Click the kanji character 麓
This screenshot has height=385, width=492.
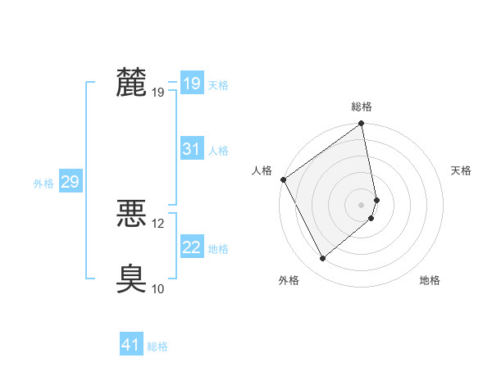[x=131, y=83]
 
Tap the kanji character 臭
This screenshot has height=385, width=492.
[x=131, y=279]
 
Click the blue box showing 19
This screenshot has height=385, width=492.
[x=191, y=84]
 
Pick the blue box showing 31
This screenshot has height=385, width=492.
[x=191, y=149]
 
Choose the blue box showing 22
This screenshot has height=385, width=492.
[x=191, y=247]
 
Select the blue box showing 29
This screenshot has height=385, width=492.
[x=70, y=182]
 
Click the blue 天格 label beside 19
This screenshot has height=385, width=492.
[x=218, y=85]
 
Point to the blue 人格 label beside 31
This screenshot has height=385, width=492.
[x=218, y=151]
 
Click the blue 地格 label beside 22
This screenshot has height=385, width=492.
[x=218, y=249]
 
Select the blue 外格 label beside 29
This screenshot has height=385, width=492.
[x=43, y=183]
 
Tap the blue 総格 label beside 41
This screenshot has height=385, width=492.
[x=157, y=346]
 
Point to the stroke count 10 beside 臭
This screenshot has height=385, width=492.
[x=158, y=288]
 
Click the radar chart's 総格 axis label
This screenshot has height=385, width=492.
[x=362, y=106]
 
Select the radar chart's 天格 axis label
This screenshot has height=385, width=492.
[x=462, y=170]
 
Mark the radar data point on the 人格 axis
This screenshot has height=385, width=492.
[x=283, y=179]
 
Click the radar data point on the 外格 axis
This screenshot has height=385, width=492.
[x=322, y=259]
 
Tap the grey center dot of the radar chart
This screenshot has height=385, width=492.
[x=362, y=204]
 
